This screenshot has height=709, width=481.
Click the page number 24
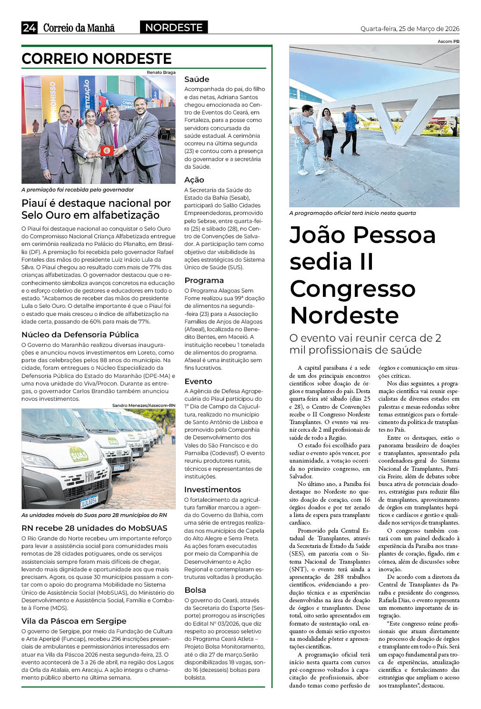(29, 28)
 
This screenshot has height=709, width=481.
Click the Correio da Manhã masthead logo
(79, 28)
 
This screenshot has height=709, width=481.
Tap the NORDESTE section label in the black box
(174, 28)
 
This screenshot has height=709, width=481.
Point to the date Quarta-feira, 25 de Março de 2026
(410, 29)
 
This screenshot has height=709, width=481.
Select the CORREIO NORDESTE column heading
(97, 59)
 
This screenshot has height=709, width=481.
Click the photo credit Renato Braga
(161, 72)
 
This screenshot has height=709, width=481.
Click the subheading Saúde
(197, 79)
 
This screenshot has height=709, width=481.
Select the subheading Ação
(194, 180)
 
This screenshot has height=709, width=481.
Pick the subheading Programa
(204, 280)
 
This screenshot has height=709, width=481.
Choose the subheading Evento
(198, 381)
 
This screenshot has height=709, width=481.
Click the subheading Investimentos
(212, 489)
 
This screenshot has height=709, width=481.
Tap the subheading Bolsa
(195, 590)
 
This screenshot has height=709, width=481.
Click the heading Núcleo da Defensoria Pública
(80, 334)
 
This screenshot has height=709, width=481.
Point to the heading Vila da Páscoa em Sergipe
(74, 621)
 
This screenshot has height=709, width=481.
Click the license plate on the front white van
(89, 500)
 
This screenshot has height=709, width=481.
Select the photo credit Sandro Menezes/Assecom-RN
(144, 405)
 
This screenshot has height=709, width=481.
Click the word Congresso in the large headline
(352, 288)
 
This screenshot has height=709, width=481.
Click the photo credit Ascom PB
(449, 41)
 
